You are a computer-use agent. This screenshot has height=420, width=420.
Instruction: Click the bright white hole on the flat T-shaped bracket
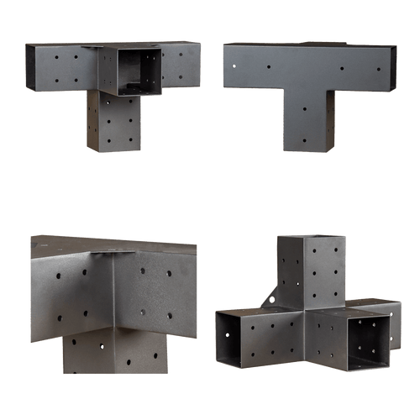[x=235, y=60]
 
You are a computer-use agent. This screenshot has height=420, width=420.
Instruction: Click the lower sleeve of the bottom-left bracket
[x=113, y=353]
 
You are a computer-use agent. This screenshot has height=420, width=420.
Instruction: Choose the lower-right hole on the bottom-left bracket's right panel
[x=170, y=314]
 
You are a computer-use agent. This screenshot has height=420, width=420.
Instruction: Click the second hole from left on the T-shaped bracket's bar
[x=269, y=67]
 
